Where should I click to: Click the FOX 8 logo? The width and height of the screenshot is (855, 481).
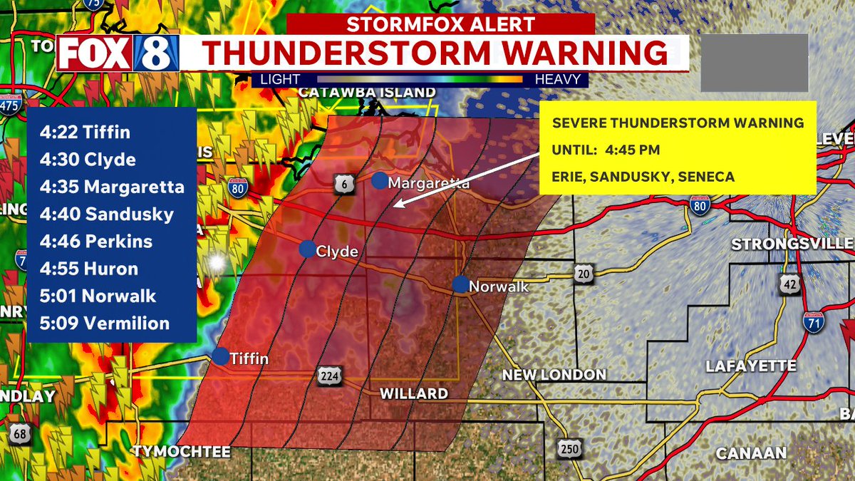(x=118, y=53)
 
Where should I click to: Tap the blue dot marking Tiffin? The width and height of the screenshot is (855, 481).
(x=221, y=356)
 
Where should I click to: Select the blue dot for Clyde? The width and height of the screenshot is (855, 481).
(x=307, y=249)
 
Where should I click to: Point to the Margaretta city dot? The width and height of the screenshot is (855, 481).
(x=380, y=181)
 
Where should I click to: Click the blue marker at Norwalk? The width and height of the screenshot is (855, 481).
(x=461, y=284)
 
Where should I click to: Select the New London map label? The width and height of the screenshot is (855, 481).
(x=554, y=375)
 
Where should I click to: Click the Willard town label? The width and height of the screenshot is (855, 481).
(x=413, y=393)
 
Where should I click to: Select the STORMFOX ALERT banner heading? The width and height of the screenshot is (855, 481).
(x=440, y=24)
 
